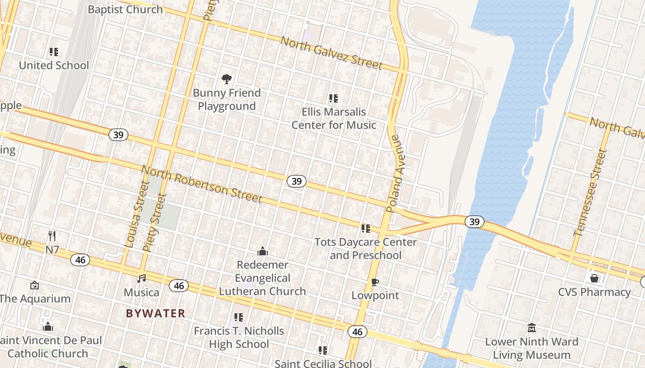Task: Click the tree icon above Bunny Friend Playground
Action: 226,79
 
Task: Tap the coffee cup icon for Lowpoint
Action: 375,282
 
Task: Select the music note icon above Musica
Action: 141,279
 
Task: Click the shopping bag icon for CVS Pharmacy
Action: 594,278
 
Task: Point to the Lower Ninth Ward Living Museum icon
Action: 531,328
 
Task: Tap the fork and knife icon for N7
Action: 52,236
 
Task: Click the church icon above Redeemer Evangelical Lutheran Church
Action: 263,251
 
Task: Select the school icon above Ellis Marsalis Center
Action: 334,98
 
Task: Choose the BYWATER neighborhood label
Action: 156,313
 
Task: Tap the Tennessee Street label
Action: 592,193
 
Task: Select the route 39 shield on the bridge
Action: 474,222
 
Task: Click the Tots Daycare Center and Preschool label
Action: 365,248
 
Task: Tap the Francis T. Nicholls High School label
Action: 239,337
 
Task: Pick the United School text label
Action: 54,65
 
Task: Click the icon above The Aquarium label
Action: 34,286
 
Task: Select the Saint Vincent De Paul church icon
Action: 48,327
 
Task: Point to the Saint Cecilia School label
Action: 323,363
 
